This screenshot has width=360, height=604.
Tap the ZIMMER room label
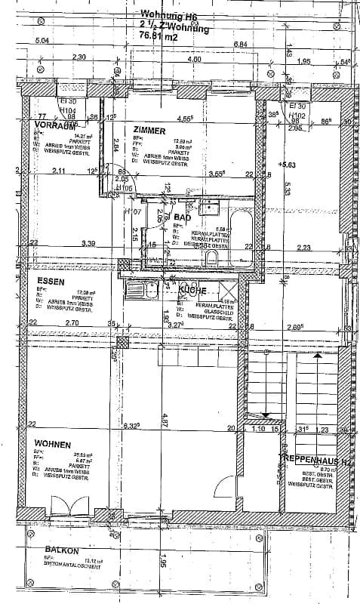coord(148,131)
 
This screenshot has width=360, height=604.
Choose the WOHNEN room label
coord(52,445)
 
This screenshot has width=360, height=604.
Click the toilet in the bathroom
coord(214,257)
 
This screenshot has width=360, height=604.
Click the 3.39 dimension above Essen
coord(89,244)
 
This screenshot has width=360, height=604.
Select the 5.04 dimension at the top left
coord(44,40)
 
